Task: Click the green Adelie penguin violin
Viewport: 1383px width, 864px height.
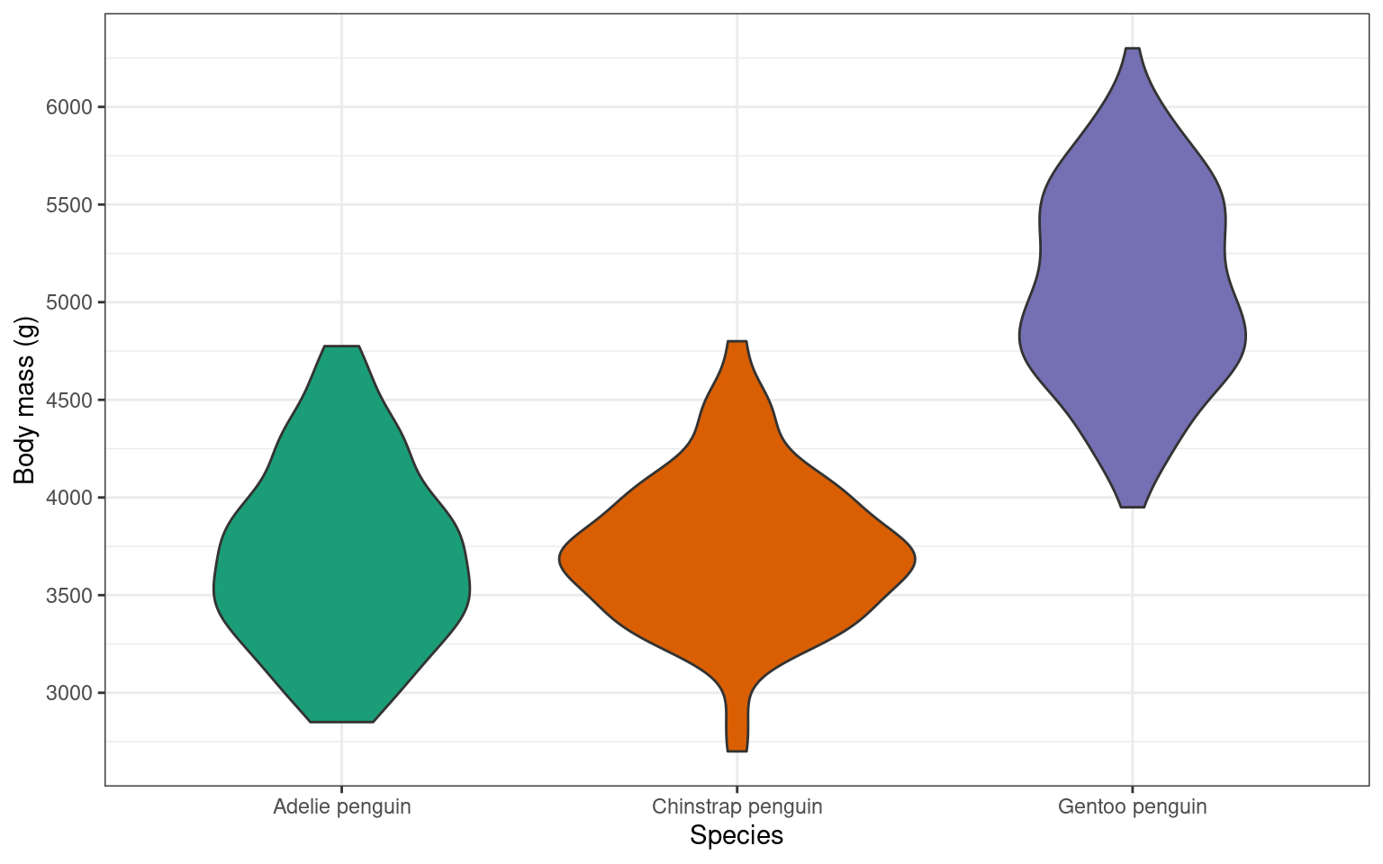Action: (x=342, y=558)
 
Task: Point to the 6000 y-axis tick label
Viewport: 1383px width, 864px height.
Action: (x=69, y=107)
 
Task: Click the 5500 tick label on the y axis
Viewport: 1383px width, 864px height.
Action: (x=69, y=205)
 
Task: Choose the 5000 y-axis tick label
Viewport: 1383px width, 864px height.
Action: (x=69, y=302)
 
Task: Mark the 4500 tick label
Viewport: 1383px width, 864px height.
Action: (x=69, y=400)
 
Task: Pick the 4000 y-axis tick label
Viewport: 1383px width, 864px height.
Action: (x=69, y=498)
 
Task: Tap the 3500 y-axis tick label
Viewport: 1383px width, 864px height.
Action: (x=69, y=596)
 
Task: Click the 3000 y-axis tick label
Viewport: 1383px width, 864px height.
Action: (x=69, y=693)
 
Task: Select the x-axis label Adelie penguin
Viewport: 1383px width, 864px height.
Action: (x=342, y=806)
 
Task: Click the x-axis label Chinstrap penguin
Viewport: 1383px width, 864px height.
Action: (x=737, y=806)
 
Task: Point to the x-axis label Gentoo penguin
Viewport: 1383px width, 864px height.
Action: (x=1133, y=806)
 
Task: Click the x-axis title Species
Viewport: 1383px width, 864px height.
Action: (x=737, y=836)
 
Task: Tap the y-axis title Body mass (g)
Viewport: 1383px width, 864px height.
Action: (x=25, y=400)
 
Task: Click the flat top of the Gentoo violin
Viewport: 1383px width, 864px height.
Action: (x=1133, y=49)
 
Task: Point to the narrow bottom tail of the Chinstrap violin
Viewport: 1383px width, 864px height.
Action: (x=737, y=729)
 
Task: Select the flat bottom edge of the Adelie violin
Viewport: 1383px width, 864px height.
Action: (x=342, y=721)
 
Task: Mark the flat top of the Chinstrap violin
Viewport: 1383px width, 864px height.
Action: (x=737, y=343)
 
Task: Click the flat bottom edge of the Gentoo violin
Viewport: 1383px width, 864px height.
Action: (x=1133, y=507)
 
